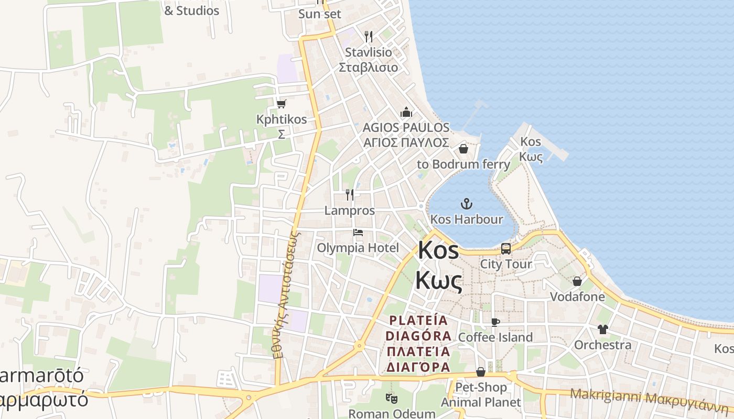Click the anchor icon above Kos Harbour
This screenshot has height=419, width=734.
click(x=466, y=203)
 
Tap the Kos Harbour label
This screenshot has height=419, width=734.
click(x=466, y=219)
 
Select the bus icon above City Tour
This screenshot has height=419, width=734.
click(x=506, y=249)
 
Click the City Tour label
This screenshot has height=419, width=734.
click(x=506, y=264)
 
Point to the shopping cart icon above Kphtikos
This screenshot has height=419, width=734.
click(x=282, y=104)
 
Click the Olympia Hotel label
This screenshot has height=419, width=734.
click(x=358, y=248)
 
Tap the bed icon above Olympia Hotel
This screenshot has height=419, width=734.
click(x=358, y=232)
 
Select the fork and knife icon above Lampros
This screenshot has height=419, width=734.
click(x=350, y=195)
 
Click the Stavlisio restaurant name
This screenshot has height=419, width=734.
click(x=368, y=53)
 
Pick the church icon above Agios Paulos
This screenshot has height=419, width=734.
click(x=406, y=112)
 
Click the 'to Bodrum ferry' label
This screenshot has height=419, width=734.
click(x=463, y=164)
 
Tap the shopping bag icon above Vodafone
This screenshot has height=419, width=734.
click(x=577, y=281)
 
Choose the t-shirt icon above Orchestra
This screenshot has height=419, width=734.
click(x=602, y=329)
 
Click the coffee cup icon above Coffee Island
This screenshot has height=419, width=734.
click(x=495, y=322)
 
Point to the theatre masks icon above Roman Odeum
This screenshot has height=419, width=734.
click(x=391, y=399)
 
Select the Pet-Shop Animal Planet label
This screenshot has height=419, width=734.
click(x=481, y=395)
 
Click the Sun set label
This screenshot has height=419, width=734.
click(x=319, y=14)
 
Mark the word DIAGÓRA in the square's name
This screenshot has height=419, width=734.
click(x=418, y=336)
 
